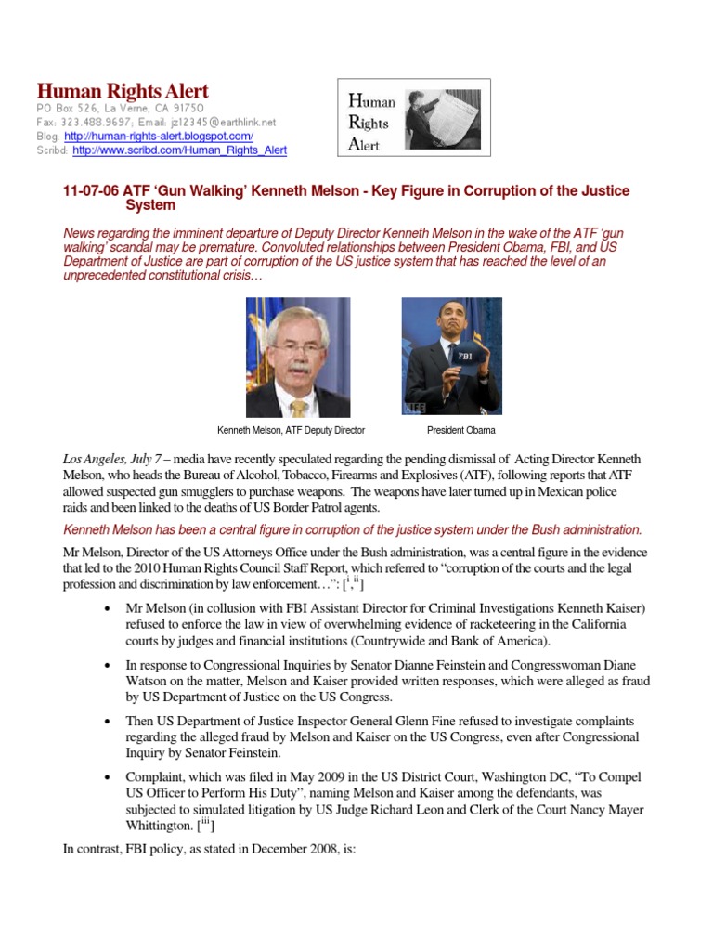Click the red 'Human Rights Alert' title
coord(123,91)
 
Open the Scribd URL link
coord(179,150)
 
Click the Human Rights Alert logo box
coord(413,117)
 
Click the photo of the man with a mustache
coord(298,357)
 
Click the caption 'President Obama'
coord(460,430)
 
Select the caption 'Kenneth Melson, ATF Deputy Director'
coord(291,430)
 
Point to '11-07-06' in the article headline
coord(84,191)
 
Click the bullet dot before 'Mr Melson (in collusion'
coord(111,608)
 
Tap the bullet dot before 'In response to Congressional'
coord(111,665)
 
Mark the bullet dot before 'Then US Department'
coord(111,721)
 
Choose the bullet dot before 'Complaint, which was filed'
coord(111,776)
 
